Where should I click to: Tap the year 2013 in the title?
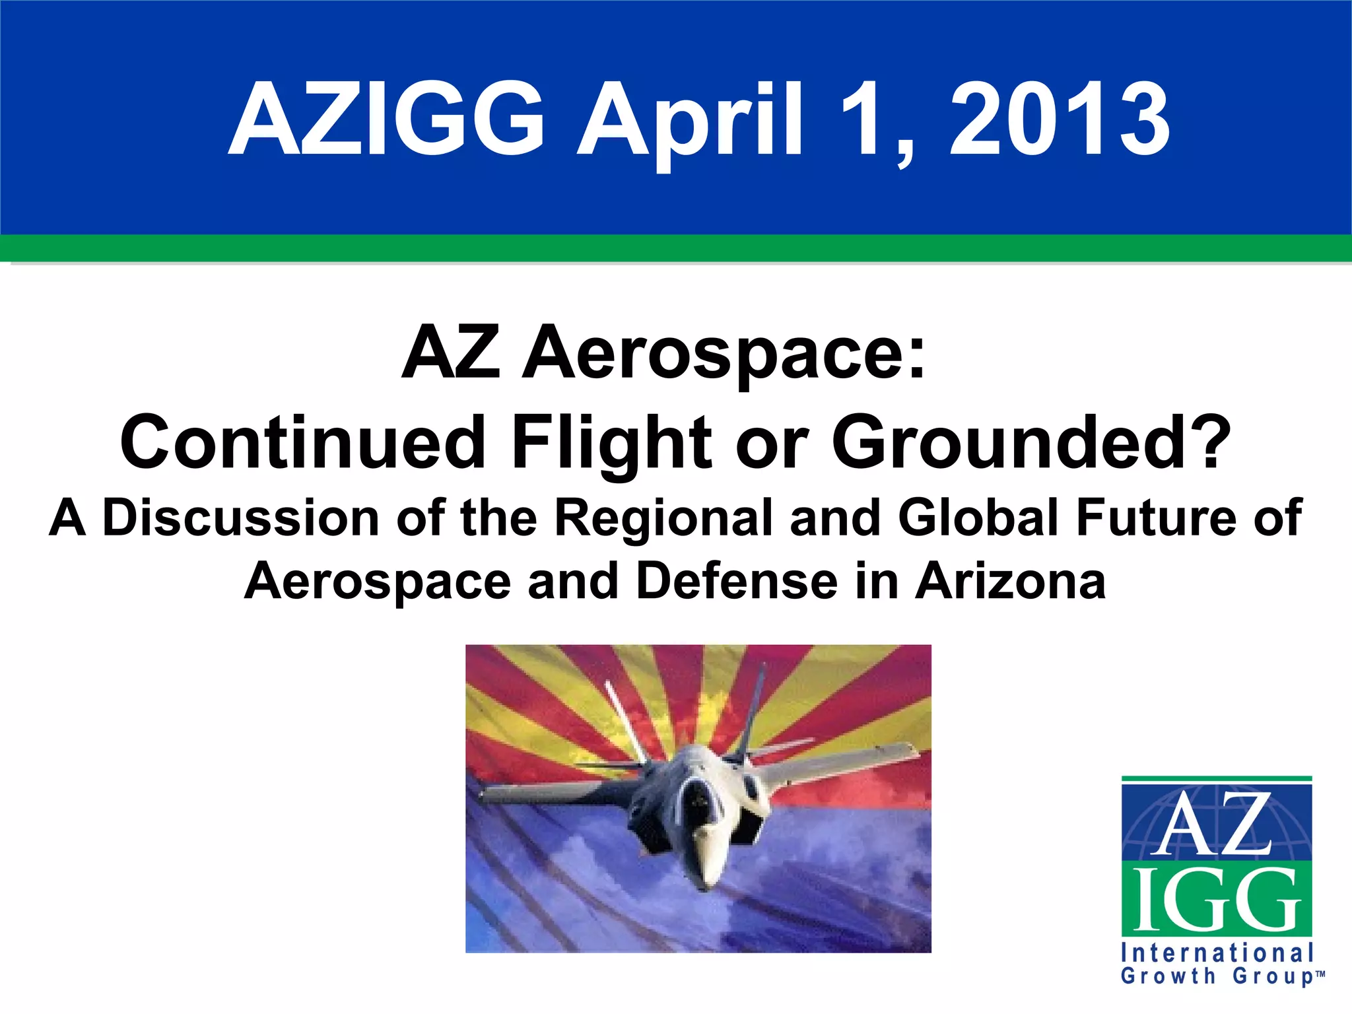coord(1060,120)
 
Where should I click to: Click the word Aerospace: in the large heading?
coord(724,355)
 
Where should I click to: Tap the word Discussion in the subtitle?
coord(240,518)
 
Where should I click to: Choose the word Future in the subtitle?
coord(1155,518)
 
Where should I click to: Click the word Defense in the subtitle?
coord(737,581)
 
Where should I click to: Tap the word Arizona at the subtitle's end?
coord(1010,581)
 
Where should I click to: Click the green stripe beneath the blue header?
coord(676,249)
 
